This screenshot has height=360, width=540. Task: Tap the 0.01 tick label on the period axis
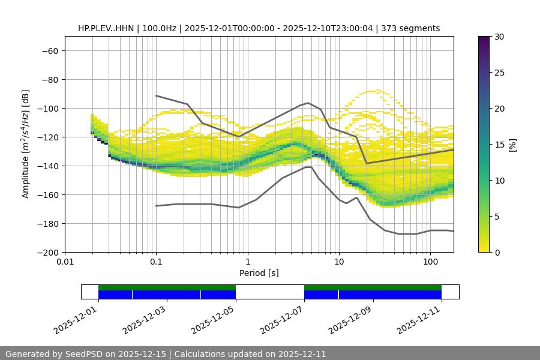pyautogui.click(x=65, y=262)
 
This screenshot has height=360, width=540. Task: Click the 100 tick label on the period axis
pyautogui.click(x=430, y=262)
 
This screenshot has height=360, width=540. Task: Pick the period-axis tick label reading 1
pyautogui.click(x=248, y=262)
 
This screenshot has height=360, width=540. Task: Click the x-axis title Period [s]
pyautogui.click(x=259, y=273)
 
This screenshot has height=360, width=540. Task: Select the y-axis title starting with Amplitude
pyautogui.click(x=26, y=144)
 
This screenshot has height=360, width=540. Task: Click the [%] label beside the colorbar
pyautogui.click(x=512, y=145)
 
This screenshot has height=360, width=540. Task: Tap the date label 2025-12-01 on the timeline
pyautogui.click(x=76, y=320)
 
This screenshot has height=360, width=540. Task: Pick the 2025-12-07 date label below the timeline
pyautogui.click(x=283, y=320)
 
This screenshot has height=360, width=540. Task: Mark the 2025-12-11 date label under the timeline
pyautogui.click(x=420, y=320)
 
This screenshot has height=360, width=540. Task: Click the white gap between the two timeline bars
pyautogui.click(x=270, y=292)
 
